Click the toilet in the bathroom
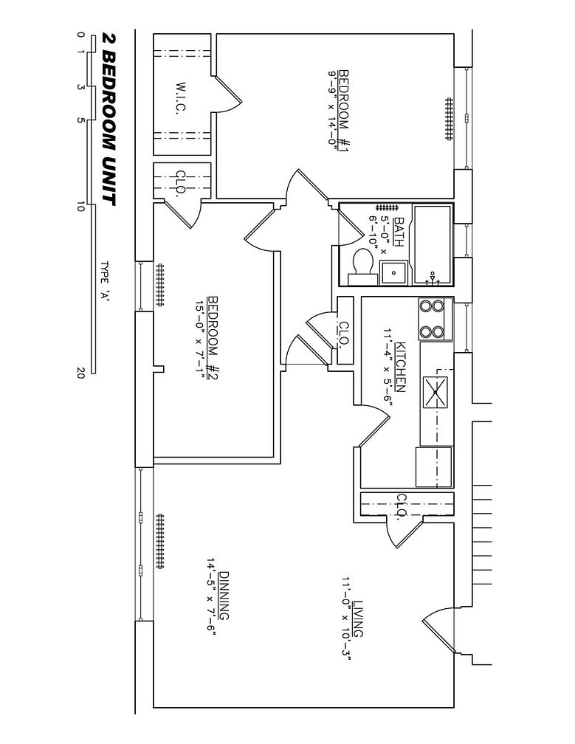point(361,265)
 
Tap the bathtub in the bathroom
point(432,243)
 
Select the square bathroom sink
point(393,272)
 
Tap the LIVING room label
point(359,619)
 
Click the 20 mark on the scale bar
point(80,373)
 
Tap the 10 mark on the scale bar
point(80,207)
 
